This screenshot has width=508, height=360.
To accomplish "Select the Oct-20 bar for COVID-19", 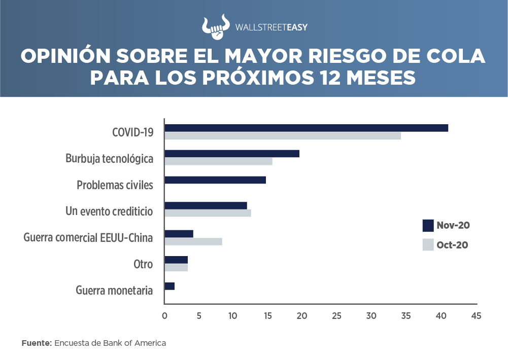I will point(282,136).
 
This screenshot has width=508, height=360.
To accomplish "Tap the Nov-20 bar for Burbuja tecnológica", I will point(231,154).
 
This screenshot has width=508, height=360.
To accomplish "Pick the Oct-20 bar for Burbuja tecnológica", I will point(218,162).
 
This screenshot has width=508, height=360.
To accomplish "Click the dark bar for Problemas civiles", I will point(215,180).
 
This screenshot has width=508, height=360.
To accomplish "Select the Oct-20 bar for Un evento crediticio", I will point(208,213).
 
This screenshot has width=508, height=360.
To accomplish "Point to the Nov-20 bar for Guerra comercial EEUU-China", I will point(179,234).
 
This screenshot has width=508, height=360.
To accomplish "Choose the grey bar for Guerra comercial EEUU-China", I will point(193,242).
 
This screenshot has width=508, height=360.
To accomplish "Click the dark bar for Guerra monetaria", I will point(170,286).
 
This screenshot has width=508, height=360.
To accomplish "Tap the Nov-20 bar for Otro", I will point(176,260).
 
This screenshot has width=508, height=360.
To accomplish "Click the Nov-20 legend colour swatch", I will point(428,225).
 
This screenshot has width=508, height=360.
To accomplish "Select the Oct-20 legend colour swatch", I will point(428,245).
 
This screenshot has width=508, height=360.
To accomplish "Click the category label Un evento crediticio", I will point(109,211).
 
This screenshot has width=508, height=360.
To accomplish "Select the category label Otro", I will point(143,264).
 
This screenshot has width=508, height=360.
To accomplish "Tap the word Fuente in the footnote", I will point(36,343).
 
